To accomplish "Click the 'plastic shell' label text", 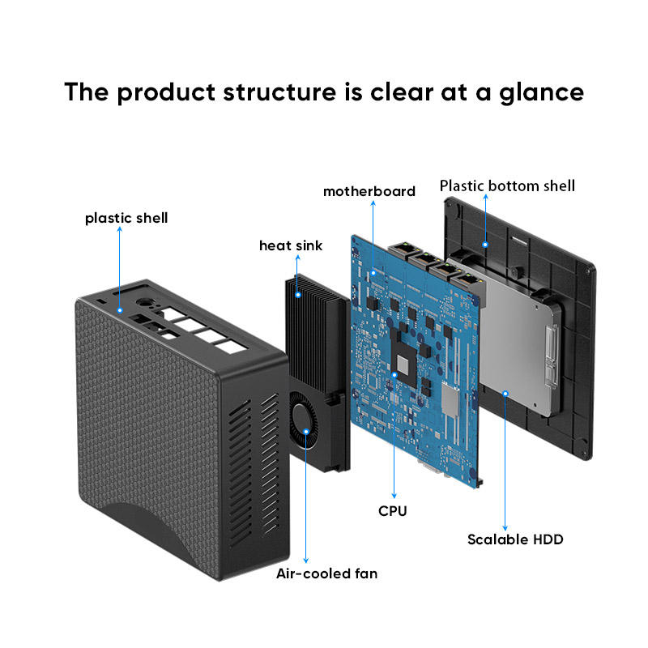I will click(x=126, y=218).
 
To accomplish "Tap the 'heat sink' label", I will click(x=291, y=245).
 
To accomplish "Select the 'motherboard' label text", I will click(x=369, y=191).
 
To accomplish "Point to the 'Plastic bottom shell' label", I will click(x=507, y=186).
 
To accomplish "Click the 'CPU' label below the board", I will click(x=393, y=511).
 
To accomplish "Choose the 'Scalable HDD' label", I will click(x=515, y=539).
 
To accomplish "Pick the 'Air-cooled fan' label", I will click(x=326, y=573).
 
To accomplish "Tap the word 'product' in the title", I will click(x=162, y=92).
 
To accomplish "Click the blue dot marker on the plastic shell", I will click(x=119, y=309).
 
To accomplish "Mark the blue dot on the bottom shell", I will click(x=485, y=243).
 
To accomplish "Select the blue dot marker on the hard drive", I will click(x=505, y=393).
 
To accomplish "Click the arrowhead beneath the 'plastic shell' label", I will click(x=119, y=231).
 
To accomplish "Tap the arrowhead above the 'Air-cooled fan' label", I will click(x=306, y=559).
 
